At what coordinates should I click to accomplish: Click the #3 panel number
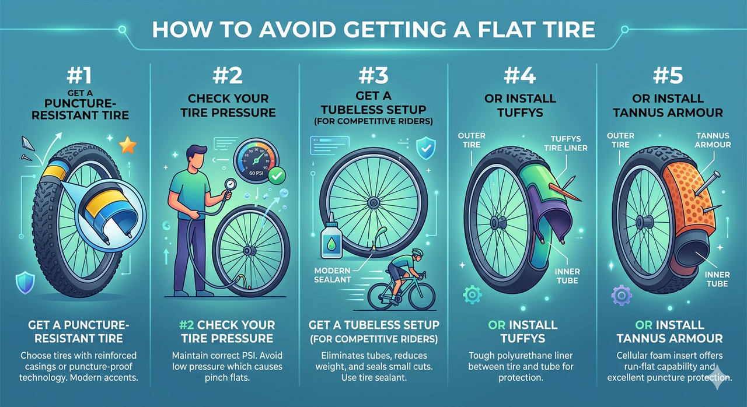[373, 75]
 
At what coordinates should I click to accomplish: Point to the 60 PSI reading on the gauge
[256, 173]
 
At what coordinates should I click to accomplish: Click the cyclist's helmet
[417, 252]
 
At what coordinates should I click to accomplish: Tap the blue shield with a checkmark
[426, 148]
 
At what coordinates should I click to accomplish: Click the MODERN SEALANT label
[332, 275]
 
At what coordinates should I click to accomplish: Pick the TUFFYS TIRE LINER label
[566, 143]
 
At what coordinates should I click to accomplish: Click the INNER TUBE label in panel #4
[567, 276]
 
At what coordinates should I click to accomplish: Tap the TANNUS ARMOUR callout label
[713, 140]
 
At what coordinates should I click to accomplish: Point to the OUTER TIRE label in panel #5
[620, 140]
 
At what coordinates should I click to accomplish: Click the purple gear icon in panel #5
[621, 295]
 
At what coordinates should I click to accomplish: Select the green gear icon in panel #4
[472, 294]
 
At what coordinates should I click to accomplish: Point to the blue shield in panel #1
[25, 282]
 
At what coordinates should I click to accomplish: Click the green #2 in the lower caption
[186, 325]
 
